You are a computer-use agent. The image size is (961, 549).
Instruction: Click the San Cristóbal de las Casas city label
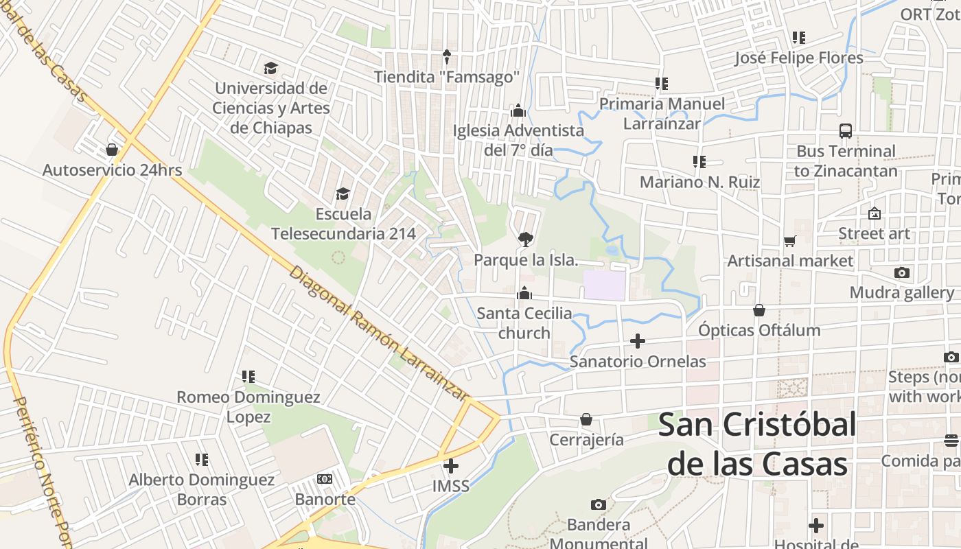pyautogui.click(x=757, y=444)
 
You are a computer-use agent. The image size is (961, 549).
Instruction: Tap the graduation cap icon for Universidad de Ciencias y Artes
pyautogui.click(x=270, y=68)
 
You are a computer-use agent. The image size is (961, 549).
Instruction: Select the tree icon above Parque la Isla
pyautogui.click(x=526, y=239)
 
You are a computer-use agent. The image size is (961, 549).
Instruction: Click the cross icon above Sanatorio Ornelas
pyautogui.click(x=638, y=340)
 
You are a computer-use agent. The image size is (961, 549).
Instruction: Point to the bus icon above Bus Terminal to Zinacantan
pyautogui.click(x=846, y=130)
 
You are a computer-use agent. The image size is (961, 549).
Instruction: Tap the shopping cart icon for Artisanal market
pyautogui.click(x=790, y=241)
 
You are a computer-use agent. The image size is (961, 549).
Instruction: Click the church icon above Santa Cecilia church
pyautogui.click(x=524, y=293)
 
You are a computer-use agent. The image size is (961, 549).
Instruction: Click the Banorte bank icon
pyautogui.click(x=325, y=479)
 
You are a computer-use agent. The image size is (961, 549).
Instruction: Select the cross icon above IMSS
pyautogui.click(x=451, y=467)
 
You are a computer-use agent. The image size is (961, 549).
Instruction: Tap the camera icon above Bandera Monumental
pyautogui.click(x=599, y=505)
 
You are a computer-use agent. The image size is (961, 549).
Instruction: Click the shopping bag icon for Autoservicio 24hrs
pyautogui.click(x=112, y=149)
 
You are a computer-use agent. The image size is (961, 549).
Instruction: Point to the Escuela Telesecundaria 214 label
pyautogui.click(x=343, y=224)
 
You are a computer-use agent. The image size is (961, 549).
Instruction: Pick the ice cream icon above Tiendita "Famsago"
pyautogui.click(x=447, y=56)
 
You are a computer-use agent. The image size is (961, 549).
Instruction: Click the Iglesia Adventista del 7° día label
pyautogui.click(x=518, y=139)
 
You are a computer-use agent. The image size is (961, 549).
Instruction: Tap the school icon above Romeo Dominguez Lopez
pyautogui.click(x=248, y=377)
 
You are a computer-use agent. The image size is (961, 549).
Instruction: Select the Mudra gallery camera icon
pyautogui.click(x=902, y=273)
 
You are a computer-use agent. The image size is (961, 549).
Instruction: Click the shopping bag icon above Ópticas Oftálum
pyautogui.click(x=759, y=310)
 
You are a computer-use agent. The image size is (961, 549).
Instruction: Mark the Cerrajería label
pyautogui.click(x=586, y=439)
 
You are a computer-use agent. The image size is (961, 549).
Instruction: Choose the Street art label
pyautogui.click(x=874, y=233)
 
